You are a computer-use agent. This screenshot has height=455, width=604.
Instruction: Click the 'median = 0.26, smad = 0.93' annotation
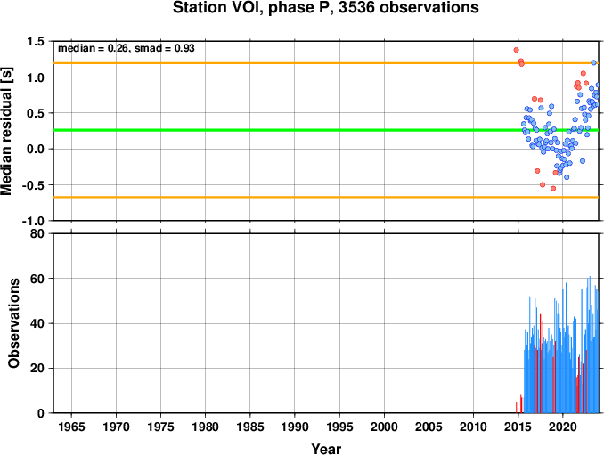(x=127, y=48)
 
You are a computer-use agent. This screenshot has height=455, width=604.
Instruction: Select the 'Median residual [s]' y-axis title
(x=6, y=131)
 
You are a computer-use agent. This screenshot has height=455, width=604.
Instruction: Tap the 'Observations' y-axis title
(x=14, y=322)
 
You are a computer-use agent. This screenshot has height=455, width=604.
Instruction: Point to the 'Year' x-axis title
(x=326, y=449)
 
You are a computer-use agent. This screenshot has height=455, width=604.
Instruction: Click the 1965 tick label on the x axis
(x=71, y=427)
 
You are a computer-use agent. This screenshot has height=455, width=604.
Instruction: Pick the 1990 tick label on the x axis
(x=295, y=427)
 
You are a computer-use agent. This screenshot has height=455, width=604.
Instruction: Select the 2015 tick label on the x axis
(x=518, y=427)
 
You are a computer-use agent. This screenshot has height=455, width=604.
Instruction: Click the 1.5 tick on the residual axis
(x=36, y=41)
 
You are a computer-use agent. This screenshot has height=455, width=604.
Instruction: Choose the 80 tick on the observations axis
(x=37, y=233)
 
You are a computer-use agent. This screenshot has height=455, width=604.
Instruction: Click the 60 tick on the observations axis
(x=37, y=279)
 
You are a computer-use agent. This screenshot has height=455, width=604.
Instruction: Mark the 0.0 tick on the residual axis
(x=36, y=149)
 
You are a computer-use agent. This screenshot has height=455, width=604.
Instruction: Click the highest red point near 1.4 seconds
(x=516, y=50)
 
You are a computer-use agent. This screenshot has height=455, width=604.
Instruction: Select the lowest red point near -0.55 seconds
(x=553, y=188)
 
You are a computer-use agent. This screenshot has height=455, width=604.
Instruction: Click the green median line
(x=326, y=130)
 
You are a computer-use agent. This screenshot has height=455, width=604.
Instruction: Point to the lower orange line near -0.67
(x=326, y=197)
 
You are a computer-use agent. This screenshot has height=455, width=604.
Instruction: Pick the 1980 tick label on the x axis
(x=205, y=427)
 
